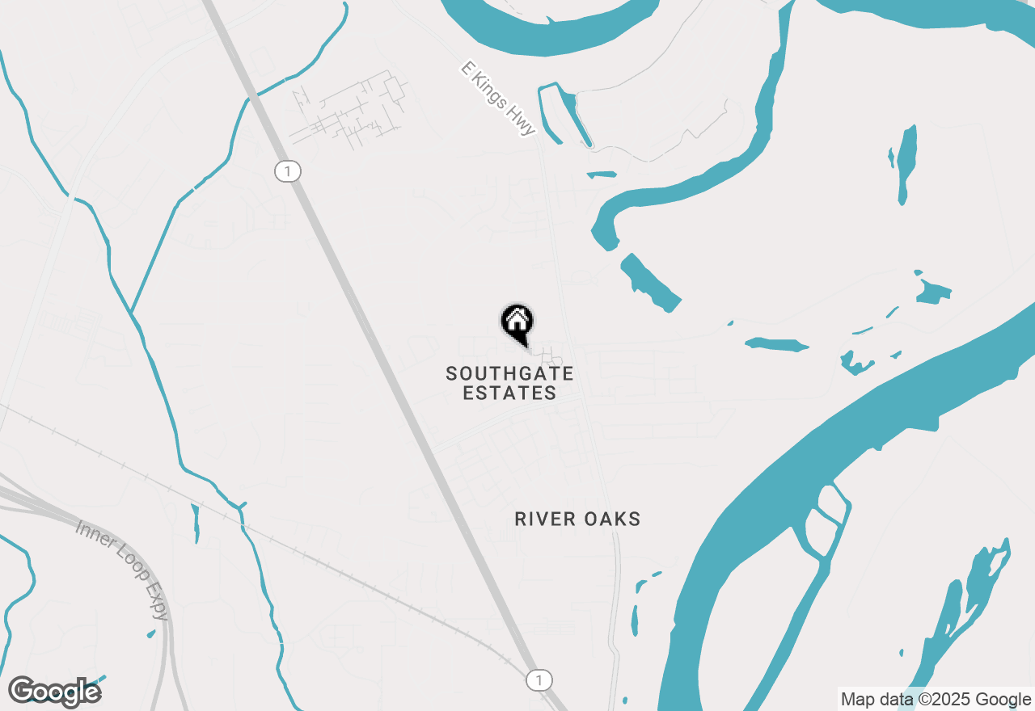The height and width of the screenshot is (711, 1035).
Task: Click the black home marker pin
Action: pos(517,324)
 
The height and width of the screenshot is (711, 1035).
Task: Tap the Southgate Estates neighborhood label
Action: pos(510,383)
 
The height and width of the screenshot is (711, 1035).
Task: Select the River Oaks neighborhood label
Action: pos(577,519)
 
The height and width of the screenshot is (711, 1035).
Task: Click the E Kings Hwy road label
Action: pos(497,99)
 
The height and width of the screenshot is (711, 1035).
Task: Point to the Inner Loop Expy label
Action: pos(123,570)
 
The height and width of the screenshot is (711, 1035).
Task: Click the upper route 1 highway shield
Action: pos(287,171)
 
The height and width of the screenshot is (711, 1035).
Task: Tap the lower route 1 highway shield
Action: pos(539,679)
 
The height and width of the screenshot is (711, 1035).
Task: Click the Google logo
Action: pos(54,692)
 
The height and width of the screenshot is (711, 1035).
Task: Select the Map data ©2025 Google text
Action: pos(936,700)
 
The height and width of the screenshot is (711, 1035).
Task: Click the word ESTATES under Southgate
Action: pos(510,393)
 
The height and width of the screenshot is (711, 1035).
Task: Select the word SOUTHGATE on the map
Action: pos(510,373)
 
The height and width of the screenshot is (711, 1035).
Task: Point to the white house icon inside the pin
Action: pos(517,321)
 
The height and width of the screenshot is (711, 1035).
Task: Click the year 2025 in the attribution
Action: pos(958,700)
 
